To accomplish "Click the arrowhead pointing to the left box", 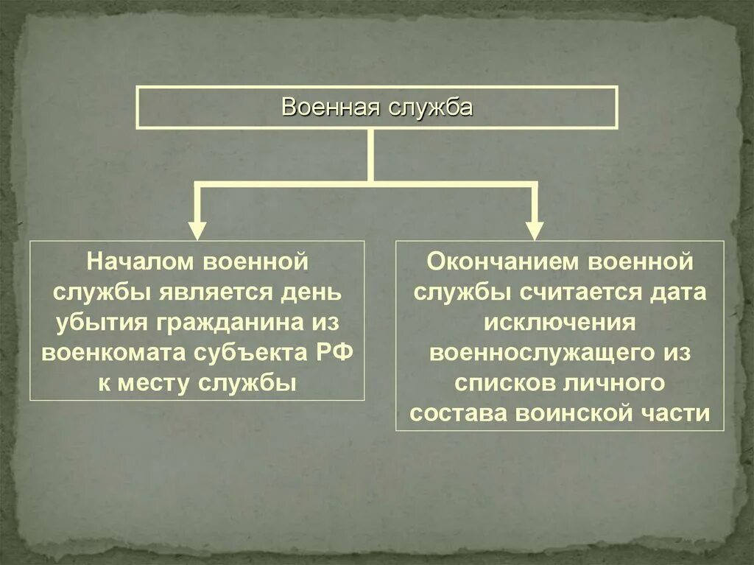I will [x=197, y=228].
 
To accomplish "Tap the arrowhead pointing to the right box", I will [x=535, y=228].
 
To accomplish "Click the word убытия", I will [x=100, y=323].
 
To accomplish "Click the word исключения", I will [x=559, y=323].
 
